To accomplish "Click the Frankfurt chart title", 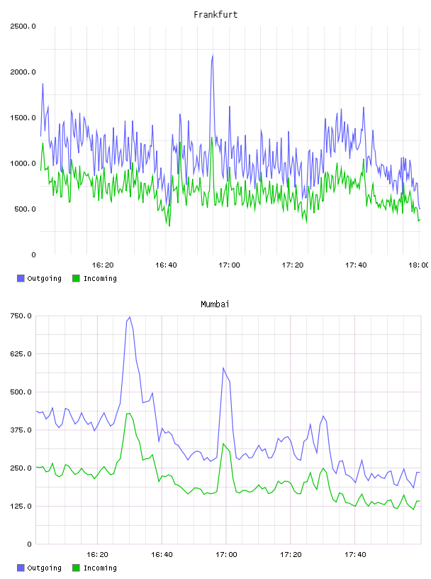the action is tap(216, 15).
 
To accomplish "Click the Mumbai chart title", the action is tap(215, 304).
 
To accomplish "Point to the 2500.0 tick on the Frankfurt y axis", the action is tap(23, 26).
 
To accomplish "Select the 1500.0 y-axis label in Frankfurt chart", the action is tap(23, 118).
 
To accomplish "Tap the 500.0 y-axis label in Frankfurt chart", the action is tap(25, 209).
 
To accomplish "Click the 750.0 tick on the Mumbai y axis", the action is tap(21, 316).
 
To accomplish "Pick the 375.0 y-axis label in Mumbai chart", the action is tap(21, 430).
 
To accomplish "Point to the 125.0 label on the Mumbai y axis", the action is tap(21, 506).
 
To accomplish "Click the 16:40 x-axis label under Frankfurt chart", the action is tap(166, 265).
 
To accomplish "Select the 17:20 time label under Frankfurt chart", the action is tap(293, 265).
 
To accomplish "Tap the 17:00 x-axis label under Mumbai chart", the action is tap(226, 554).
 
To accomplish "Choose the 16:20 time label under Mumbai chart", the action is tap(97, 554).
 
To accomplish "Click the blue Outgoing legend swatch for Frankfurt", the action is tap(21, 278).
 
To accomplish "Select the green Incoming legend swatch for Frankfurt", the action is tap(76, 278).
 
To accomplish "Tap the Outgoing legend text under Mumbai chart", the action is tap(44, 568).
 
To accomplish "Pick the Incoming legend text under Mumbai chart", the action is tap(100, 568).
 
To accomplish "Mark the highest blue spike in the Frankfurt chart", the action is tap(213, 55).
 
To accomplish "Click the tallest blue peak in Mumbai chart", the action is tap(130, 317).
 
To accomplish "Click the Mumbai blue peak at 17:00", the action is tap(223, 368).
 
